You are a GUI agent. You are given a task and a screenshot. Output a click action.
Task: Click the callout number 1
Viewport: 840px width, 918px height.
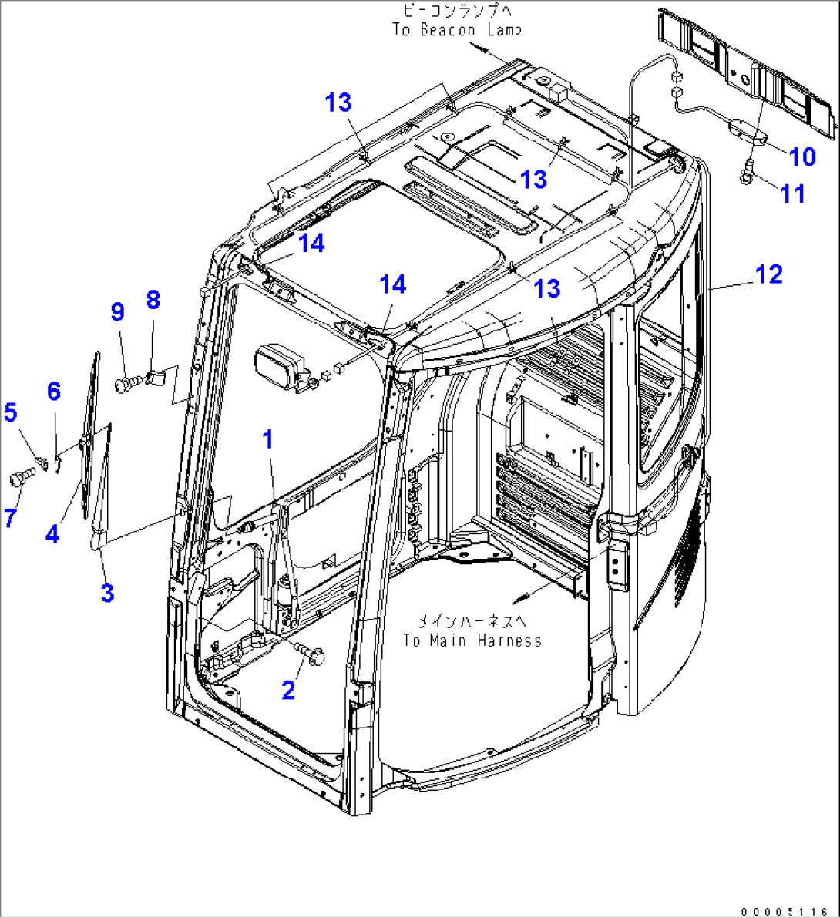pyautogui.click(x=268, y=440)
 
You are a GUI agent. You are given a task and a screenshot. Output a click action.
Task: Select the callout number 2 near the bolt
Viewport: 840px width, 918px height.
pyautogui.click(x=288, y=690)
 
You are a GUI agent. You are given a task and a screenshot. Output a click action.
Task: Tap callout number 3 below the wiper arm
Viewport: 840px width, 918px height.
pyautogui.click(x=107, y=593)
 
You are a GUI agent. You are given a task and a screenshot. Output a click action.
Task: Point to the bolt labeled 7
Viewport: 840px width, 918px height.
pyautogui.click(x=18, y=478)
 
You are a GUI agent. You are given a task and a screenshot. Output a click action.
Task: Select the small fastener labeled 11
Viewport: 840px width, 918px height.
pyautogui.click(x=747, y=175)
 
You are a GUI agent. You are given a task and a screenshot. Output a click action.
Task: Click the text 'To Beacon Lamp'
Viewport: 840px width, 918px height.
pyautogui.click(x=456, y=29)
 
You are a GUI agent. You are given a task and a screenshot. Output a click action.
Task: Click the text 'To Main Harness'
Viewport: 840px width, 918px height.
pyautogui.click(x=472, y=641)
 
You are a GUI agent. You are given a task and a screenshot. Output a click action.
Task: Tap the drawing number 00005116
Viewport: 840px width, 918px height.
pyautogui.click(x=788, y=910)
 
